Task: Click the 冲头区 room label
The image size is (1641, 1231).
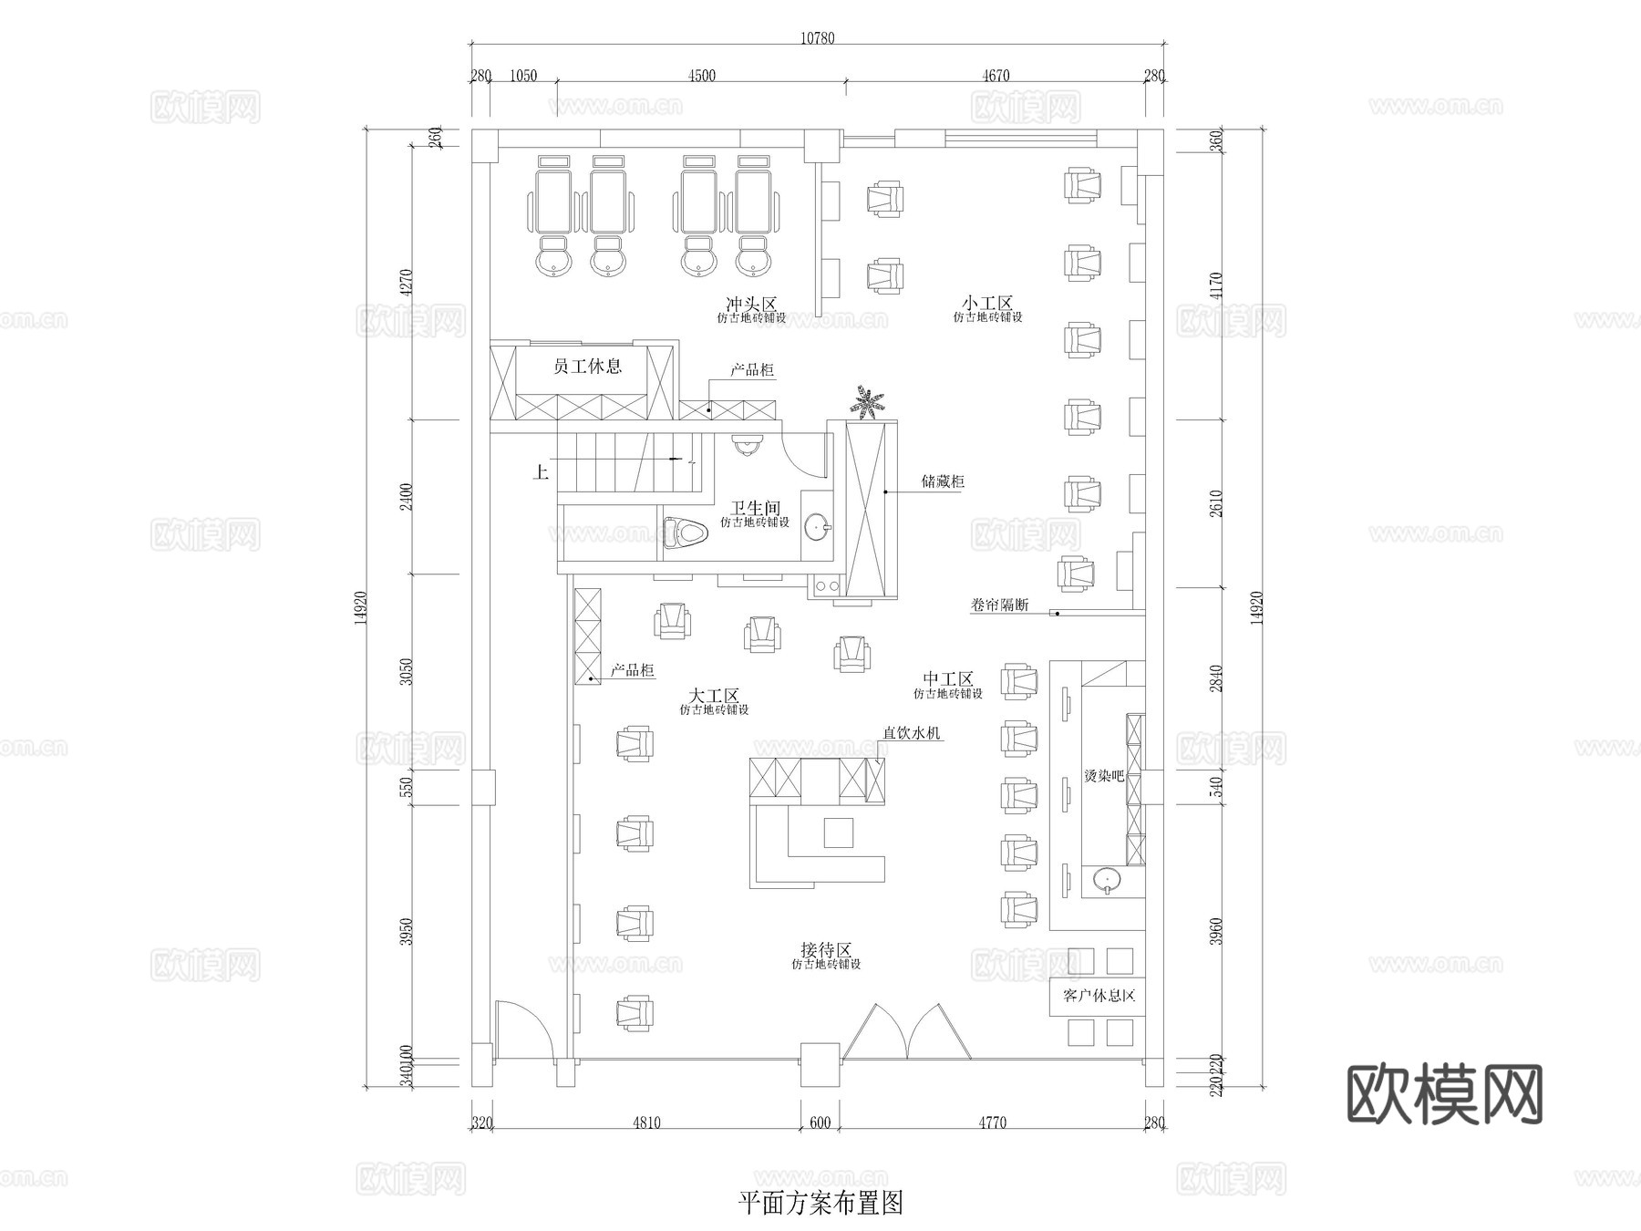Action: point(750,304)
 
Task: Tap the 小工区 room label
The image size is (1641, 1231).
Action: point(987,303)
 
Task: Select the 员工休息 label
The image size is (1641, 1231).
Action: point(588,367)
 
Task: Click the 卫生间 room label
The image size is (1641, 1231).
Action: point(755,508)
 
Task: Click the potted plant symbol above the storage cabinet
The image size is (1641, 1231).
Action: point(866,402)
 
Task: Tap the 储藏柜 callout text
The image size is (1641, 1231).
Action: point(943,481)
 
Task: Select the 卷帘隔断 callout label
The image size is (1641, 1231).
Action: point(1000,605)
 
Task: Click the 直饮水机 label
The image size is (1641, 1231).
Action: point(911,732)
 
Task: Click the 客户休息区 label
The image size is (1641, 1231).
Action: point(1099,996)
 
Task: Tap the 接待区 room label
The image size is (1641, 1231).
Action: point(825,950)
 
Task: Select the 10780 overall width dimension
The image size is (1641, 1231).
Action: point(817,38)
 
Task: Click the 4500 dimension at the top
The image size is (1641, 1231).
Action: point(701,76)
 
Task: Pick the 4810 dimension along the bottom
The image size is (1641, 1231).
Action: point(645,1122)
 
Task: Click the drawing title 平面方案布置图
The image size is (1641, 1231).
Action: point(820,1204)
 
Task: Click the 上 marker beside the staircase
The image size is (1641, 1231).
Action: point(541,472)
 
